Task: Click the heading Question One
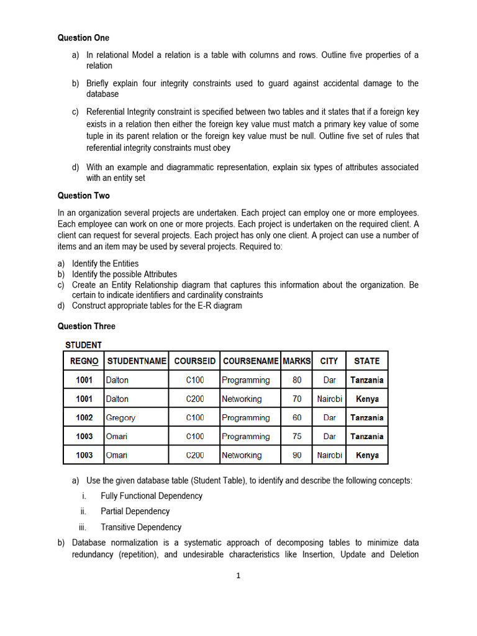(x=83, y=38)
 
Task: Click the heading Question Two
(x=83, y=196)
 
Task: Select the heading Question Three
(x=86, y=326)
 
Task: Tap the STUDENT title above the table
(x=84, y=345)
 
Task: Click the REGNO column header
(x=84, y=361)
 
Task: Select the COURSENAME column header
(x=250, y=361)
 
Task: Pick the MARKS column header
(x=297, y=361)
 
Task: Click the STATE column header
(x=366, y=361)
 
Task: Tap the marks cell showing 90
(x=297, y=455)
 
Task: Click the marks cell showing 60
(x=297, y=418)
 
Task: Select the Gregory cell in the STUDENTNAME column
(x=120, y=418)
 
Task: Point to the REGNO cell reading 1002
(x=84, y=418)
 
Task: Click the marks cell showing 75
(x=297, y=437)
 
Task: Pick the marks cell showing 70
(x=297, y=399)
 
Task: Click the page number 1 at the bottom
(x=238, y=576)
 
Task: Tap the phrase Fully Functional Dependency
(x=152, y=496)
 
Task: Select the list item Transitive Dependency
(x=141, y=527)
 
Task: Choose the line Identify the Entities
(x=105, y=263)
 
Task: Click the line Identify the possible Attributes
(x=124, y=274)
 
